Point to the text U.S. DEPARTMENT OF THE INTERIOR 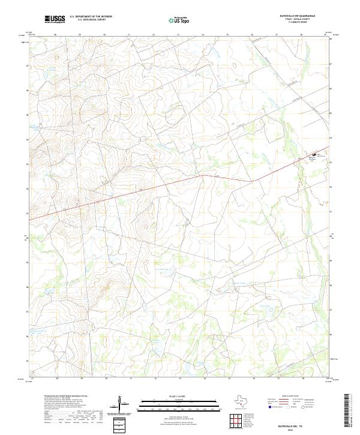[x=91, y=17]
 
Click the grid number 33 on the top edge [x=178, y=35]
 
